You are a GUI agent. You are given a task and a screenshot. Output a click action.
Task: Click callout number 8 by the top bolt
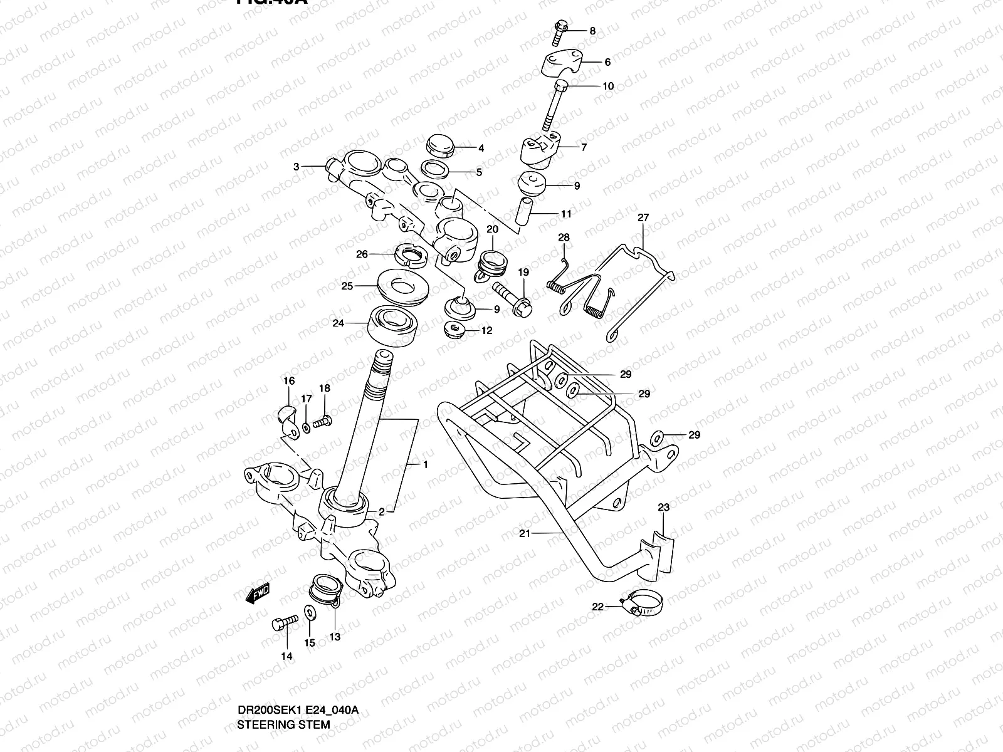(x=592, y=30)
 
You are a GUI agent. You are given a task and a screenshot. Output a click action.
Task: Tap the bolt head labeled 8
(x=560, y=27)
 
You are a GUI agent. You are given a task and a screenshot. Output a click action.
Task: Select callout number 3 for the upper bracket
(x=296, y=167)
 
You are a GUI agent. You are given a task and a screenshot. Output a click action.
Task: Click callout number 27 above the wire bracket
(x=643, y=217)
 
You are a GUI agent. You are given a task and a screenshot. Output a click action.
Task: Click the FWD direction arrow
(x=257, y=593)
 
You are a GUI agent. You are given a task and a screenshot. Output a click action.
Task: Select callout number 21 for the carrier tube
(x=525, y=533)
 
